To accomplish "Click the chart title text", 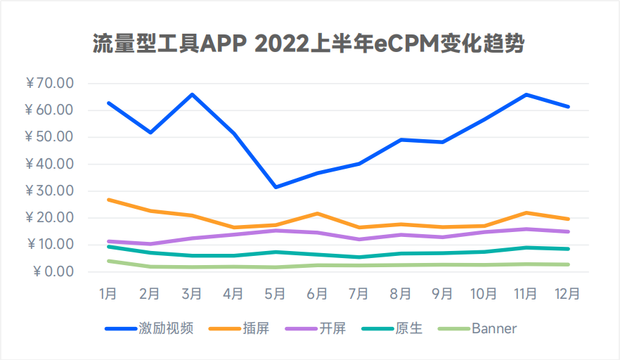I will point(310,44).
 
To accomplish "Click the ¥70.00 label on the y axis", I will point(49,84).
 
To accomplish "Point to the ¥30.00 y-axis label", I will point(49,191).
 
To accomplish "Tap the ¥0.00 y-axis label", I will point(53,272).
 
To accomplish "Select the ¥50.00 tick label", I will point(49,137).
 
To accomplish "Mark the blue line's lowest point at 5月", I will point(276,187).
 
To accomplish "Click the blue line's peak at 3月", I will point(192,94).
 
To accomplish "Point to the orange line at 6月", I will point(317,213).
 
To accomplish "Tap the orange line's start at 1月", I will point(108,200).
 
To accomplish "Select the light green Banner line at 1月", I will point(108,261).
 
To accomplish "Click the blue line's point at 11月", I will point(526,94).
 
